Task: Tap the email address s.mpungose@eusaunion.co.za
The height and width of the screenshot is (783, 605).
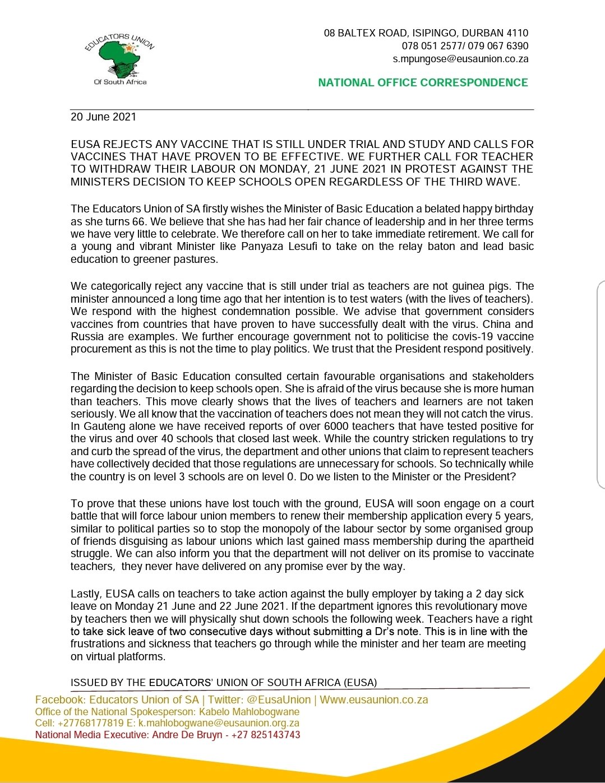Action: click(x=460, y=59)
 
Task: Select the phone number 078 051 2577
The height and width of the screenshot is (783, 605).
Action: click(x=433, y=46)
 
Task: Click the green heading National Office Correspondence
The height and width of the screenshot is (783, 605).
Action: click(x=423, y=83)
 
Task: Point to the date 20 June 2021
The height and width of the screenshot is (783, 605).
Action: click(x=103, y=117)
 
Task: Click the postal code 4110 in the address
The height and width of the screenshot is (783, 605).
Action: click(x=516, y=33)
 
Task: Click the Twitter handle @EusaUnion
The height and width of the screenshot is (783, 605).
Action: click(x=279, y=699)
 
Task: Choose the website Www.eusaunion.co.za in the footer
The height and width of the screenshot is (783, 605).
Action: click(x=374, y=699)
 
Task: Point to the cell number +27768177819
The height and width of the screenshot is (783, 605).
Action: click(x=91, y=723)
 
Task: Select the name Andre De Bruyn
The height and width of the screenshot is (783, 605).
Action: click(x=187, y=735)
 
